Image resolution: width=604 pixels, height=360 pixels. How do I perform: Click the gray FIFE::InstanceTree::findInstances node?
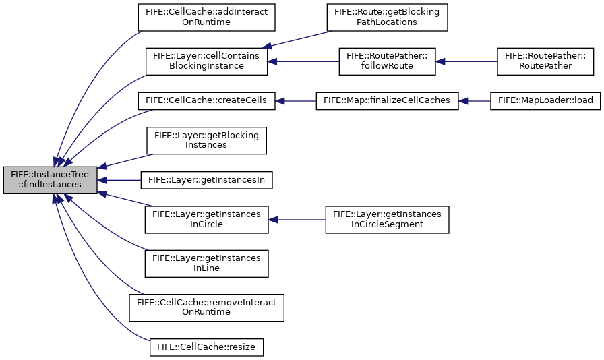point(50,180)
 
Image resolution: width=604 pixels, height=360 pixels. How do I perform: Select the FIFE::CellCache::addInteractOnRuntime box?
point(206,18)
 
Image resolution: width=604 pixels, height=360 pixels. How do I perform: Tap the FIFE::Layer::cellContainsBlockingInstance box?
point(206,61)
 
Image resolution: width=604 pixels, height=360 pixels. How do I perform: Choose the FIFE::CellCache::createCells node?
point(206,101)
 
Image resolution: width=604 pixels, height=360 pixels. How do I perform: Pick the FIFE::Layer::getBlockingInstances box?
point(206,140)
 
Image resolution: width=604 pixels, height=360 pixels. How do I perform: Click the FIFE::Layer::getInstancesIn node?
point(206,180)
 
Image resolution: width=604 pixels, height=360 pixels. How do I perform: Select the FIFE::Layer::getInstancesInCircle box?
point(206,220)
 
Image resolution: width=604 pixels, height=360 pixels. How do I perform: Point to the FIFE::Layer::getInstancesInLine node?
point(206,264)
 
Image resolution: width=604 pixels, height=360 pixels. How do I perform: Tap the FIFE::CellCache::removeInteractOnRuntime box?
point(206,307)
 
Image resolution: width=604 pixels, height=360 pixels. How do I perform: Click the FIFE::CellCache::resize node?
point(206,347)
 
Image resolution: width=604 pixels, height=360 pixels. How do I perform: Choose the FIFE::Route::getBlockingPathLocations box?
point(387,18)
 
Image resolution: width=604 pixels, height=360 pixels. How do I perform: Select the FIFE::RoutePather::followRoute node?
point(387,61)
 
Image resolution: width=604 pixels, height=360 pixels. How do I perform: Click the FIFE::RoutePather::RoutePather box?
point(545,61)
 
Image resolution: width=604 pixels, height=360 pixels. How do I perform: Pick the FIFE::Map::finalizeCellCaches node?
point(387,101)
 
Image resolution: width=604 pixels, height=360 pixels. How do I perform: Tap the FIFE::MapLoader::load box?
point(545,101)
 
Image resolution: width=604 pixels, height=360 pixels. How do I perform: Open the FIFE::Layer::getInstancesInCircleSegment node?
point(387,220)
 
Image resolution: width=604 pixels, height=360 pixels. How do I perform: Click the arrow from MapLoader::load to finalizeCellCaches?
point(474,101)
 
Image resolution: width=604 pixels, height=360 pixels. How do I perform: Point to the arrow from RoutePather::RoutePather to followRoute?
point(466,61)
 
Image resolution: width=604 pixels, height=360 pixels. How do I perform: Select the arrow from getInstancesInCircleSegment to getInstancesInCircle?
point(297,220)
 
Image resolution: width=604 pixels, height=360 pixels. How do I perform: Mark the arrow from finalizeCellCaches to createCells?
point(295,101)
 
